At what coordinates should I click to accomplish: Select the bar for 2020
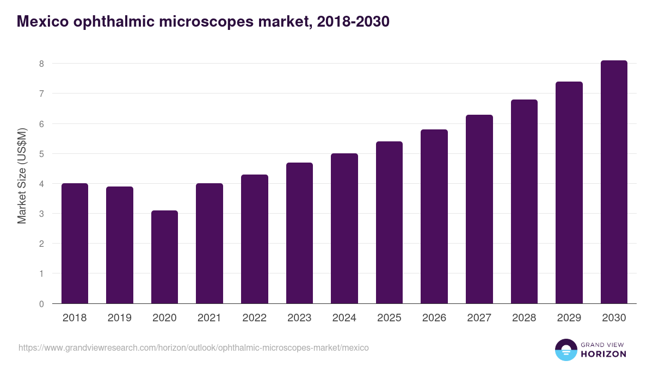(164, 257)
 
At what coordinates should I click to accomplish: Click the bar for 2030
(614, 182)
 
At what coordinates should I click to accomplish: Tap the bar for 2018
(75, 244)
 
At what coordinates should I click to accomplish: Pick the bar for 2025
(389, 222)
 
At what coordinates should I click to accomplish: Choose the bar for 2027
(479, 209)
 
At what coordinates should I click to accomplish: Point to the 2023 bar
(299, 233)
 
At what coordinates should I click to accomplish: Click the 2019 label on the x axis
(119, 318)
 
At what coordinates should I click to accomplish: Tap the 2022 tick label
(254, 318)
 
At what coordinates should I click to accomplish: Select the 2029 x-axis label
(569, 318)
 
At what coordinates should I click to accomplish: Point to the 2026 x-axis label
(434, 318)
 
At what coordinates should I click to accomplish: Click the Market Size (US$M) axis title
(22, 176)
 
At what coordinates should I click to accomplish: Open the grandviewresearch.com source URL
(193, 347)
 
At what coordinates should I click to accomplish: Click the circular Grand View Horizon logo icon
(566, 350)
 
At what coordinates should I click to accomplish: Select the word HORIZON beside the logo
(604, 354)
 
